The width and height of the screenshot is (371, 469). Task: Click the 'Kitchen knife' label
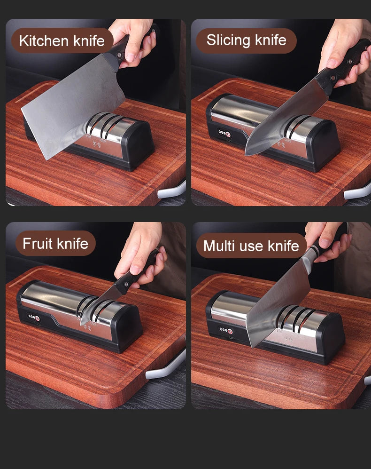tap(62, 40)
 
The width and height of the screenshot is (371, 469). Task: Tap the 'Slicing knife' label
tap(247, 40)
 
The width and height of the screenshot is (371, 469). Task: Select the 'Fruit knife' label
tap(55, 243)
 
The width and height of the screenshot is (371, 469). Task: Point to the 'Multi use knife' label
tap(251, 246)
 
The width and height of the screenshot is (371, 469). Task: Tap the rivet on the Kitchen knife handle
tap(119, 55)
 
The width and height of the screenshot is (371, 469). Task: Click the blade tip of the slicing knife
tap(246, 154)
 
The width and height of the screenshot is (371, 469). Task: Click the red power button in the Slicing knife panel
tap(228, 134)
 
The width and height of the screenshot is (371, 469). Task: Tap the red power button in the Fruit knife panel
tap(38, 318)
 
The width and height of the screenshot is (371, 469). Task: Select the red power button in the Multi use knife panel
tap(230, 331)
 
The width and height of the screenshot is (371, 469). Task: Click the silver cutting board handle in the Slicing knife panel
tap(357, 192)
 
